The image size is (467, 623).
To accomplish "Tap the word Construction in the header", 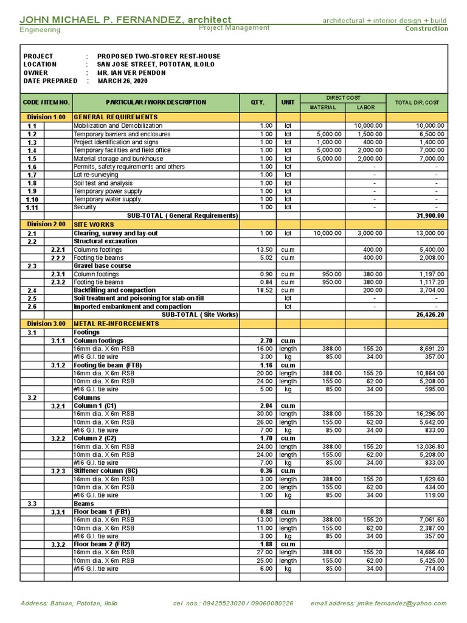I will (426, 29).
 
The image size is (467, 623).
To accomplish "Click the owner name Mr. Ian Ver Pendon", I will (131, 72).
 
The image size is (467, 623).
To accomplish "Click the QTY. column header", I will (258, 102).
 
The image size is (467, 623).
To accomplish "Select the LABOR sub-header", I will (365, 107).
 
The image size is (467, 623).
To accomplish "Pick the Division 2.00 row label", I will (46, 224).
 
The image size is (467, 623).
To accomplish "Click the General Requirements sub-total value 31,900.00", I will (429, 215).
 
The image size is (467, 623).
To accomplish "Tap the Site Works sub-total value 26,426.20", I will (429, 315).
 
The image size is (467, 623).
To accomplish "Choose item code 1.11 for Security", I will (32, 207).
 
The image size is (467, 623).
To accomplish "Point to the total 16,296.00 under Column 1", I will (429, 414).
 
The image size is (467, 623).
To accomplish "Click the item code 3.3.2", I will (58, 545).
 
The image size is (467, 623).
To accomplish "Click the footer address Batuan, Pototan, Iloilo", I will (69, 604).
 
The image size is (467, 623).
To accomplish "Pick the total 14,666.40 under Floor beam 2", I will (429, 552).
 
